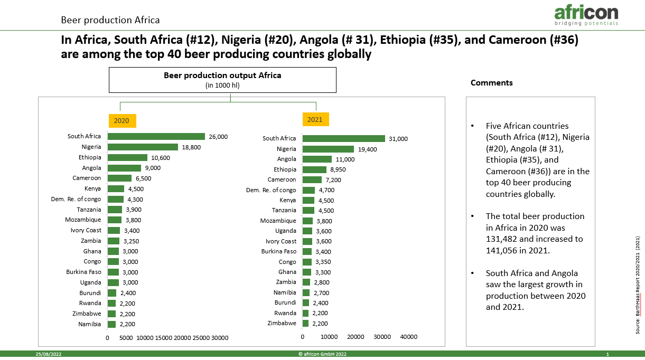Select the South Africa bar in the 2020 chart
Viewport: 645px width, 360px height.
156,136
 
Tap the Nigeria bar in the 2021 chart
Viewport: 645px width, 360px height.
328,149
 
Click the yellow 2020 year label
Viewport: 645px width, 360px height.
122,120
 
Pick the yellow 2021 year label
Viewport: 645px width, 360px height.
315,119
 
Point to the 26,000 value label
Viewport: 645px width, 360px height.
218,137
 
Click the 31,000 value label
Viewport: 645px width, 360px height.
398,139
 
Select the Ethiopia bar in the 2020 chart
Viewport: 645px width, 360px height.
127,158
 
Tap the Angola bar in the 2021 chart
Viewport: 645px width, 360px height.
317,159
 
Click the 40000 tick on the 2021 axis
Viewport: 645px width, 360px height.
408,337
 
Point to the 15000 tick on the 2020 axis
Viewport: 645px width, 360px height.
164,338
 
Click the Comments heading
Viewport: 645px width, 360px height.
491,83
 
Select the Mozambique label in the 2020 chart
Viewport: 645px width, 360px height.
83,220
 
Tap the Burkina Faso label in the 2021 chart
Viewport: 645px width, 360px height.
279,251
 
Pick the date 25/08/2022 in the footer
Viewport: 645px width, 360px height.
49,354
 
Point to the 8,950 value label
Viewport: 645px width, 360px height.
338,169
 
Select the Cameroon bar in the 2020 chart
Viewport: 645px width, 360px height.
119,178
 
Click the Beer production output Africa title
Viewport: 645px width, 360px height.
222,75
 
